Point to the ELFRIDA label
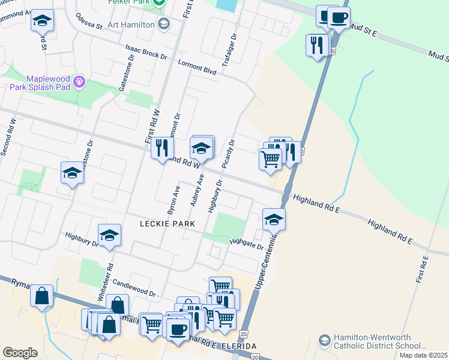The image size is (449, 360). [240, 346]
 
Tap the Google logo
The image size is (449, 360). [20, 353]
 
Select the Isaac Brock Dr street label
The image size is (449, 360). [146, 51]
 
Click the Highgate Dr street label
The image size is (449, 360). [247, 244]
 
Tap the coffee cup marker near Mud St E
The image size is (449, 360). [339, 18]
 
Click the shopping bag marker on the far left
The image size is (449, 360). [41, 296]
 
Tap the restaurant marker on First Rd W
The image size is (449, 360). [161, 148]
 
